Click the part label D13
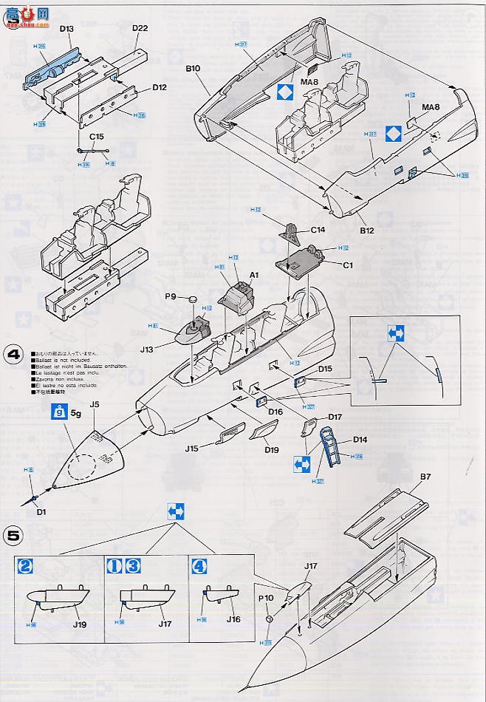66,30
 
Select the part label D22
140,29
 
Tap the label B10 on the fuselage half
194,68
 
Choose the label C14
318,230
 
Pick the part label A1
255,274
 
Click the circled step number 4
14,354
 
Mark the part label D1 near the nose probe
41,511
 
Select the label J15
192,449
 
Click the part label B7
425,477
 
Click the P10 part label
266,596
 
